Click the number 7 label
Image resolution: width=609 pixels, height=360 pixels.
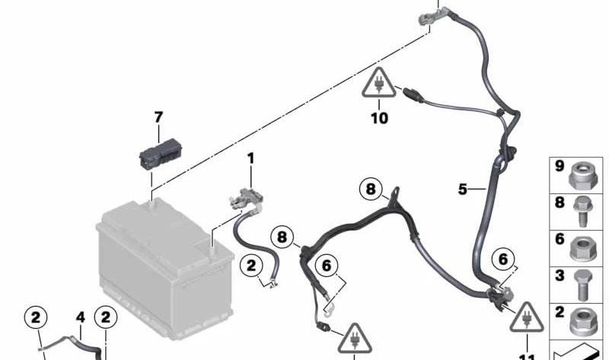(158, 118)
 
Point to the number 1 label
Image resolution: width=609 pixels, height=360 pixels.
(250, 158)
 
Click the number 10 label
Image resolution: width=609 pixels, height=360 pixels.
(379, 118)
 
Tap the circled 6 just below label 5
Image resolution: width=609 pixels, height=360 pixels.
(502, 260)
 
